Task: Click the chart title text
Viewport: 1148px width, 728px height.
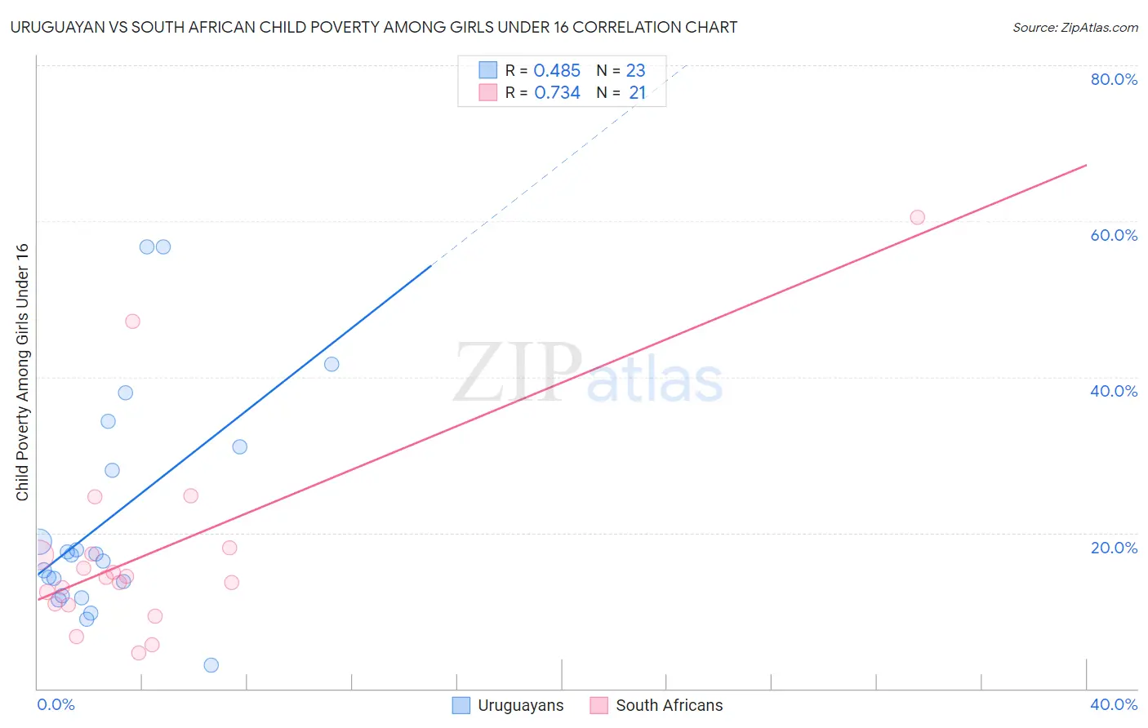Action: (x=374, y=28)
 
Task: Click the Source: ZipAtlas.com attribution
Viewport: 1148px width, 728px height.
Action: (x=1075, y=28)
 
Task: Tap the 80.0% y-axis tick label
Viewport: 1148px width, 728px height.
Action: (x=1114, y=79)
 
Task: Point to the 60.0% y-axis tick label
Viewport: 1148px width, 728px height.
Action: (x=1114, y=235)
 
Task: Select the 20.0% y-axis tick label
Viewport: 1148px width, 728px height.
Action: (x=1114, y=548)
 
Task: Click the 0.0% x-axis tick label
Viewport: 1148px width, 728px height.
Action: (x=56, y=704)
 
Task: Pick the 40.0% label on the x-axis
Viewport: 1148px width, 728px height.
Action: (x=1114, y=704)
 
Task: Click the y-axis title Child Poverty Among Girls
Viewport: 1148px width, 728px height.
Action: (x=22, y=372)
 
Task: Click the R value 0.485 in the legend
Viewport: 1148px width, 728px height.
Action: (x=557, y=71)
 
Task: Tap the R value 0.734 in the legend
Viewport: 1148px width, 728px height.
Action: (x=557, y=93)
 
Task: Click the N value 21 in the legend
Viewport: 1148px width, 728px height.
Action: (x=637, y=93)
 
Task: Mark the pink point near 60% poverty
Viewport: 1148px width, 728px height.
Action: (x=917, y=217)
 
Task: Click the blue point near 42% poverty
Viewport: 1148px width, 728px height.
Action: (x=331, y=364)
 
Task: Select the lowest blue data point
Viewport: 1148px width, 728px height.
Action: (x=211, y=665)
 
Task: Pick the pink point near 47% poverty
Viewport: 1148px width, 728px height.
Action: (x=132, y=322)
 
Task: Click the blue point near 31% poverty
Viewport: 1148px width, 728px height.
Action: (x=239, y=446)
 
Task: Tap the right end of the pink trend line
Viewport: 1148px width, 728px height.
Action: (x=1086, y=166)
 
